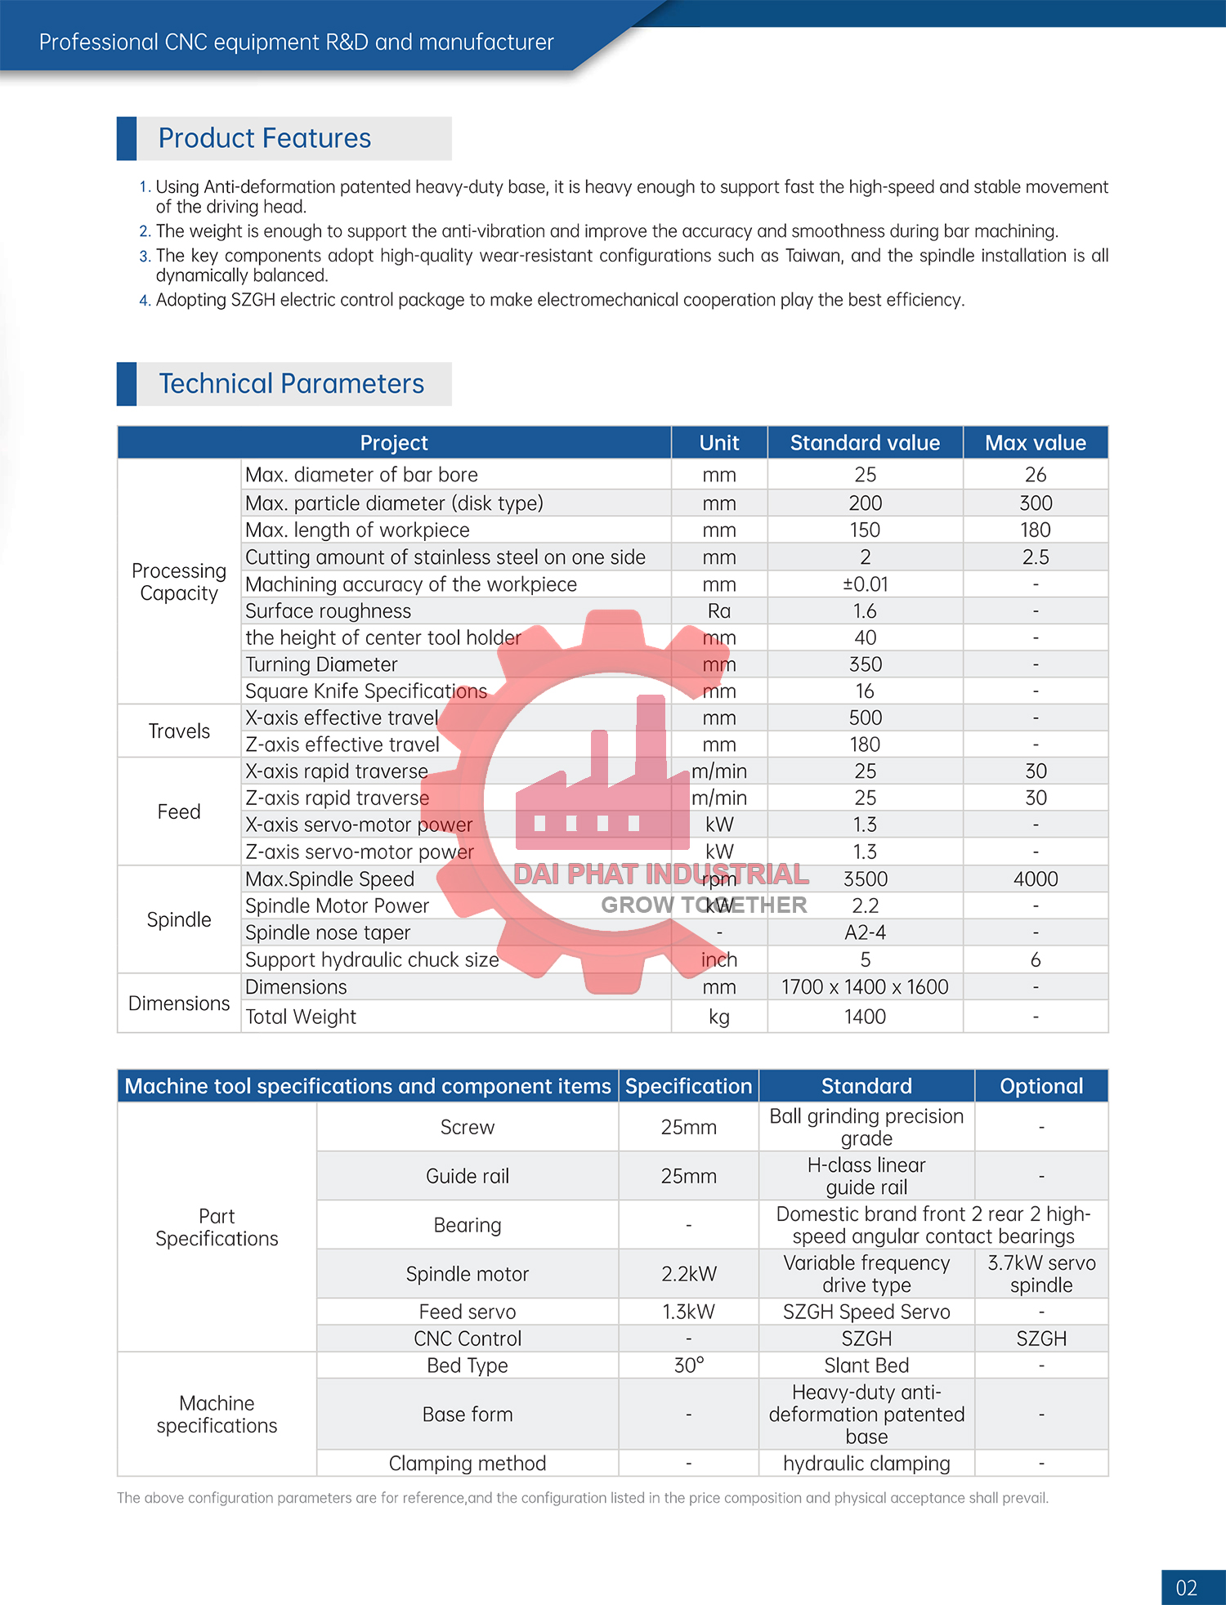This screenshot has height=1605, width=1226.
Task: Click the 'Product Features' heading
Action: [264, 139]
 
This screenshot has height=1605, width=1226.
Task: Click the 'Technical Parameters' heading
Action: [291, 384]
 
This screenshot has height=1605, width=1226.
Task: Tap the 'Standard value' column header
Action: [865, 443]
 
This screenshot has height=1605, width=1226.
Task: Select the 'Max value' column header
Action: [1035, 443]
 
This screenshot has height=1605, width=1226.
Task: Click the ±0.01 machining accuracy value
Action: [865, 584]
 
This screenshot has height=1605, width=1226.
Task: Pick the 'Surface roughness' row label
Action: [328, 611]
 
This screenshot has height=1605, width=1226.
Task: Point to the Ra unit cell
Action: [719, 611]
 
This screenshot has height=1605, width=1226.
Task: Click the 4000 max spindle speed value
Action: [1035, 879]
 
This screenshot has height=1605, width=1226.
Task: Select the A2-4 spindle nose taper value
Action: [865, 932]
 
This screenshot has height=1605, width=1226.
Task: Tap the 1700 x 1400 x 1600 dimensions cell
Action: [865, 987]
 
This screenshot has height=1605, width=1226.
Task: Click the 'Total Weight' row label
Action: [301, 1017]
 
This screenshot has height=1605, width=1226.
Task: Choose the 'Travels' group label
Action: [179, 731]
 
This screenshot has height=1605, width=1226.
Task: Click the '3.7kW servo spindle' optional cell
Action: [1041, 1274]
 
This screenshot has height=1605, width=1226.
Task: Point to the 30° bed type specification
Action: [688, 1366]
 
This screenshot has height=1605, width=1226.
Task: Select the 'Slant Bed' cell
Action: [866, 1366]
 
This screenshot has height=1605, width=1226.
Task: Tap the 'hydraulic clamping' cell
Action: [866, 1464]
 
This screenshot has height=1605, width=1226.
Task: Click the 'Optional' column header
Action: [1041, 1086]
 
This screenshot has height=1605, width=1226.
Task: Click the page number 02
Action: [1186, 1588]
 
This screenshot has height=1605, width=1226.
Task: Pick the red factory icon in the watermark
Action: [603, 785]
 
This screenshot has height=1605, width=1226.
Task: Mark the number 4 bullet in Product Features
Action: [145, 301]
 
